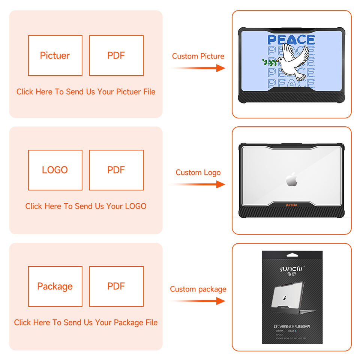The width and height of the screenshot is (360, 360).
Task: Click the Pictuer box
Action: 55,55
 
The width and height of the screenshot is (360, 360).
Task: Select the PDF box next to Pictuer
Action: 116,55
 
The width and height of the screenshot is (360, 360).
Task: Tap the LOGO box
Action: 55,170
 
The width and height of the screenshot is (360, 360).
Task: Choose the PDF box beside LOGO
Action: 116,170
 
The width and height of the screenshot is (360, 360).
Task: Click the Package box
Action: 55,286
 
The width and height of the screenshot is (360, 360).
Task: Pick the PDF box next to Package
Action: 116,286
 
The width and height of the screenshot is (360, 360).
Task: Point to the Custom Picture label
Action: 198,56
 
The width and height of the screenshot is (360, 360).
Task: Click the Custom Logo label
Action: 198,172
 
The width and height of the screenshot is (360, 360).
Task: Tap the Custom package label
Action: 198,289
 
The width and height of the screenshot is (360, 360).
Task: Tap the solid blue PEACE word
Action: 291,40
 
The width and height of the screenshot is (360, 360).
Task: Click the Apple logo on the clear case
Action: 291,180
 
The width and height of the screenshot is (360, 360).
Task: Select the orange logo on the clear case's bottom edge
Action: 291,205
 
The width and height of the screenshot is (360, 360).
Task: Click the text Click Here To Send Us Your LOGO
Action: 86,206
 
